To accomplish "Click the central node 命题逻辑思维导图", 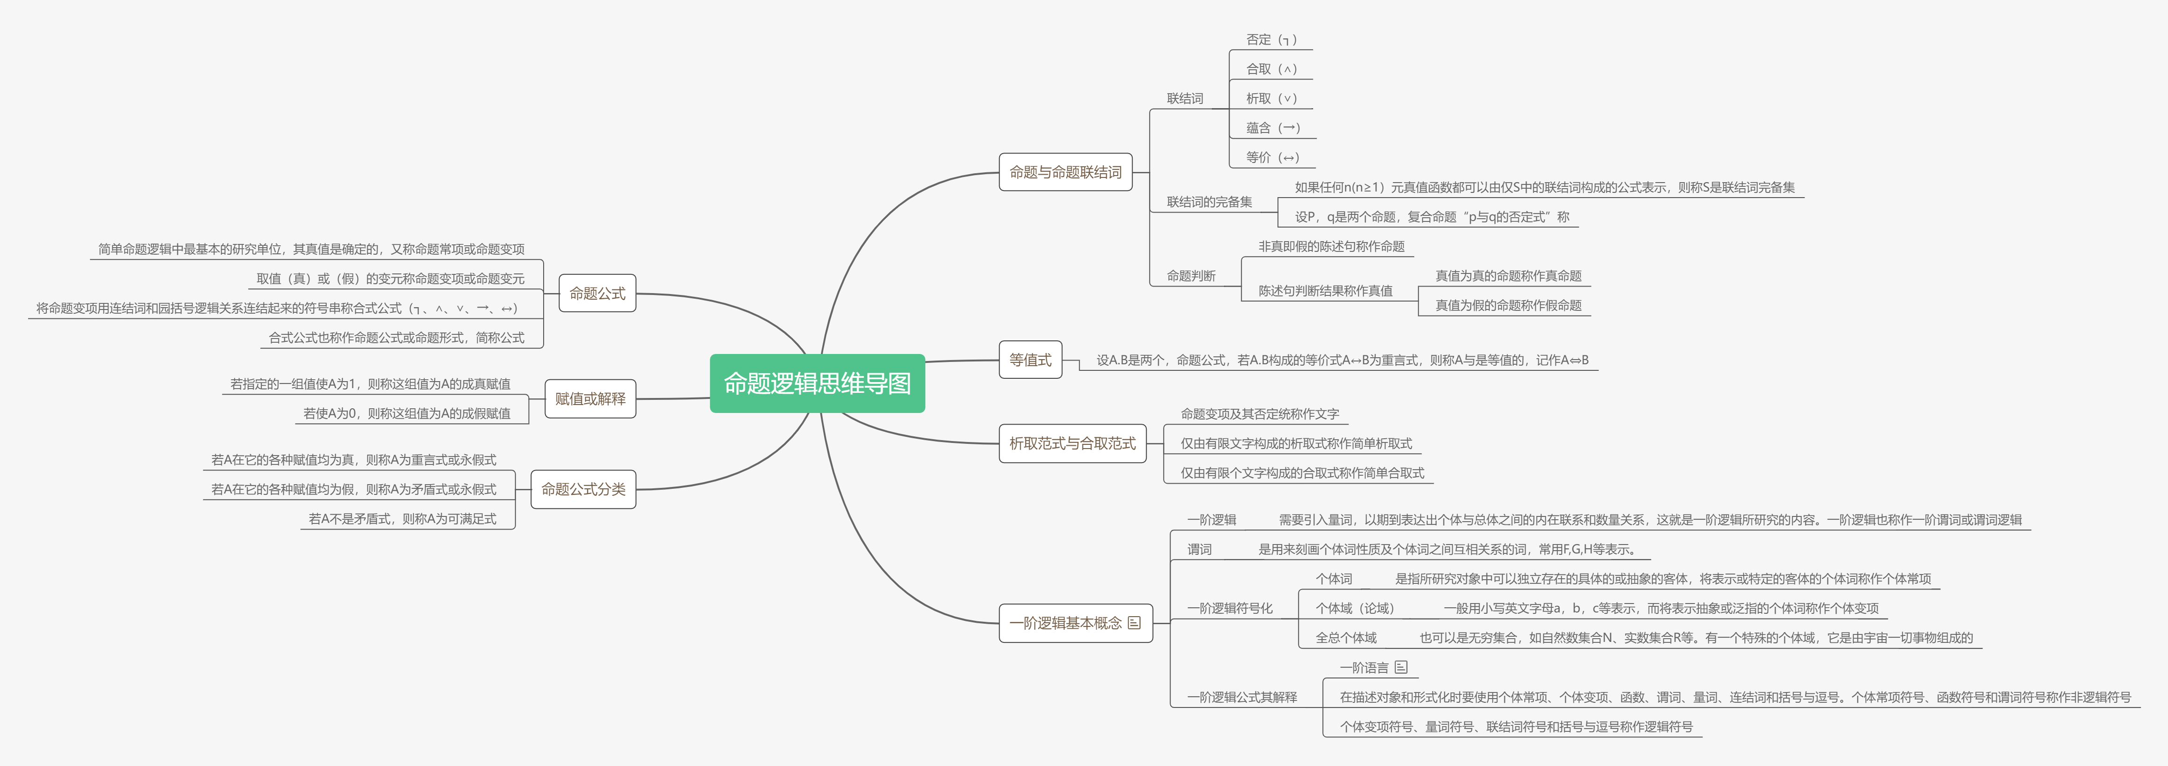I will [x=817, y=384].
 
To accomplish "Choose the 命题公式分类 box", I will [x=583, y=489].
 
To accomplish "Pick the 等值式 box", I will [x=1030, y=360].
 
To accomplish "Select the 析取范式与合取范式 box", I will [x=1072, y=443].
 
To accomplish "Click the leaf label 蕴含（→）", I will [x=1273, y=128].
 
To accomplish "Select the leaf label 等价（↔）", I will [x=1273, y=157].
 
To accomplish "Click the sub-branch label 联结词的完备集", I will [x=1209, y=202].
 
